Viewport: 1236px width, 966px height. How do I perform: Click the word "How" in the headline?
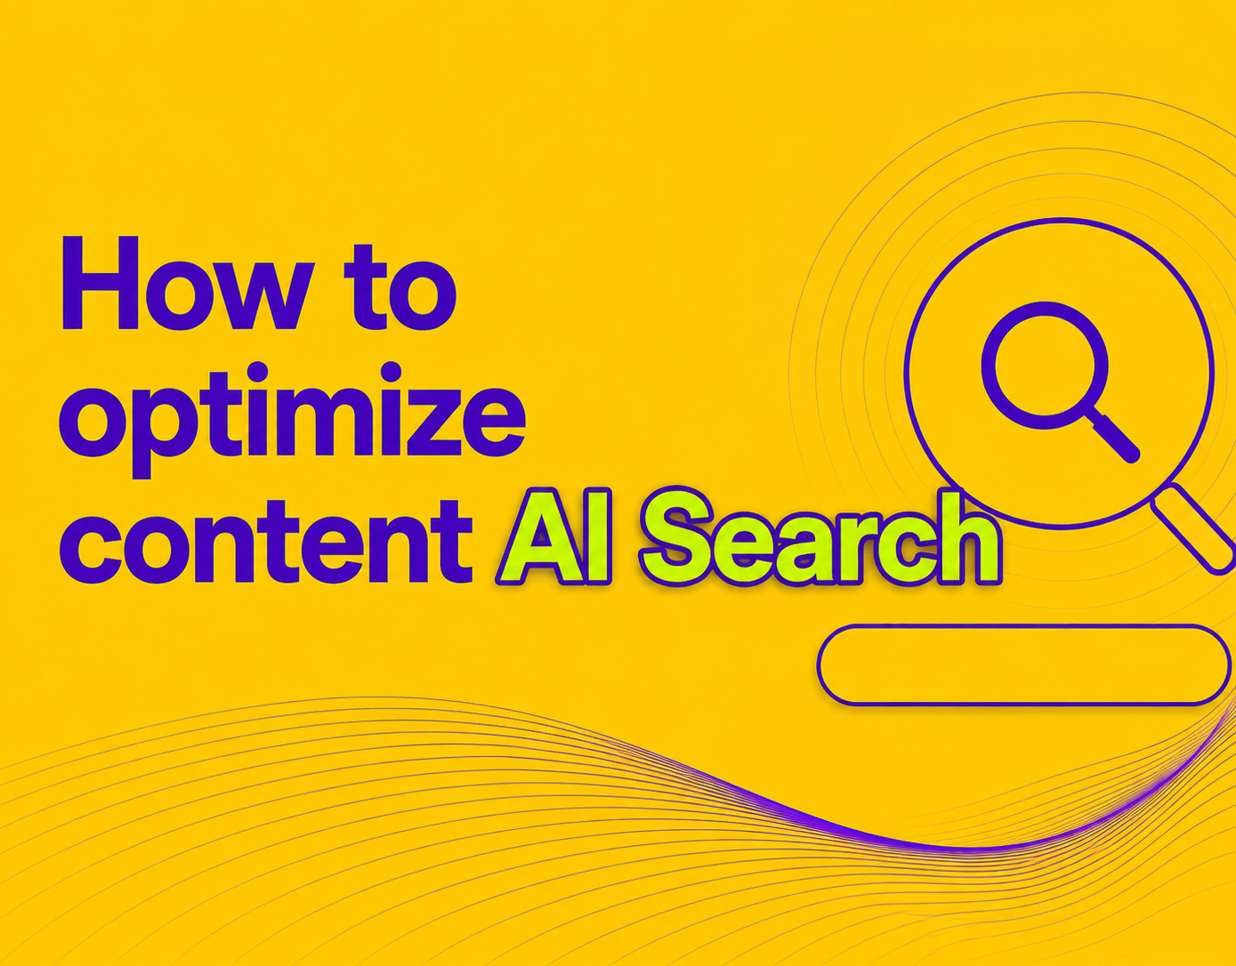(x=189, y=283)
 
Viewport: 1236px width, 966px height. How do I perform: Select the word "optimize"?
(x=293, y=420)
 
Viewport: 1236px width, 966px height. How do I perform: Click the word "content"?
(x=266, y=542)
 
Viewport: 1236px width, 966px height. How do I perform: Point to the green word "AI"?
(x=554, y=536)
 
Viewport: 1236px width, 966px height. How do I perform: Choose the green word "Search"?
(x=820, y=536)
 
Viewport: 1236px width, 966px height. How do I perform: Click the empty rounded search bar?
(x=1023, y=664)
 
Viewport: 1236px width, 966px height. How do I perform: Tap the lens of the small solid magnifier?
(x=1045, y=366)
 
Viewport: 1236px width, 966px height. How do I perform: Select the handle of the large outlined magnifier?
(x=1192, y=528)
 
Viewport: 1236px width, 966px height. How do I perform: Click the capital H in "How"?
(x=101, y=283)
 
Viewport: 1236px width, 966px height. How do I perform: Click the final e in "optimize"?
(x=494, y=423)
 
